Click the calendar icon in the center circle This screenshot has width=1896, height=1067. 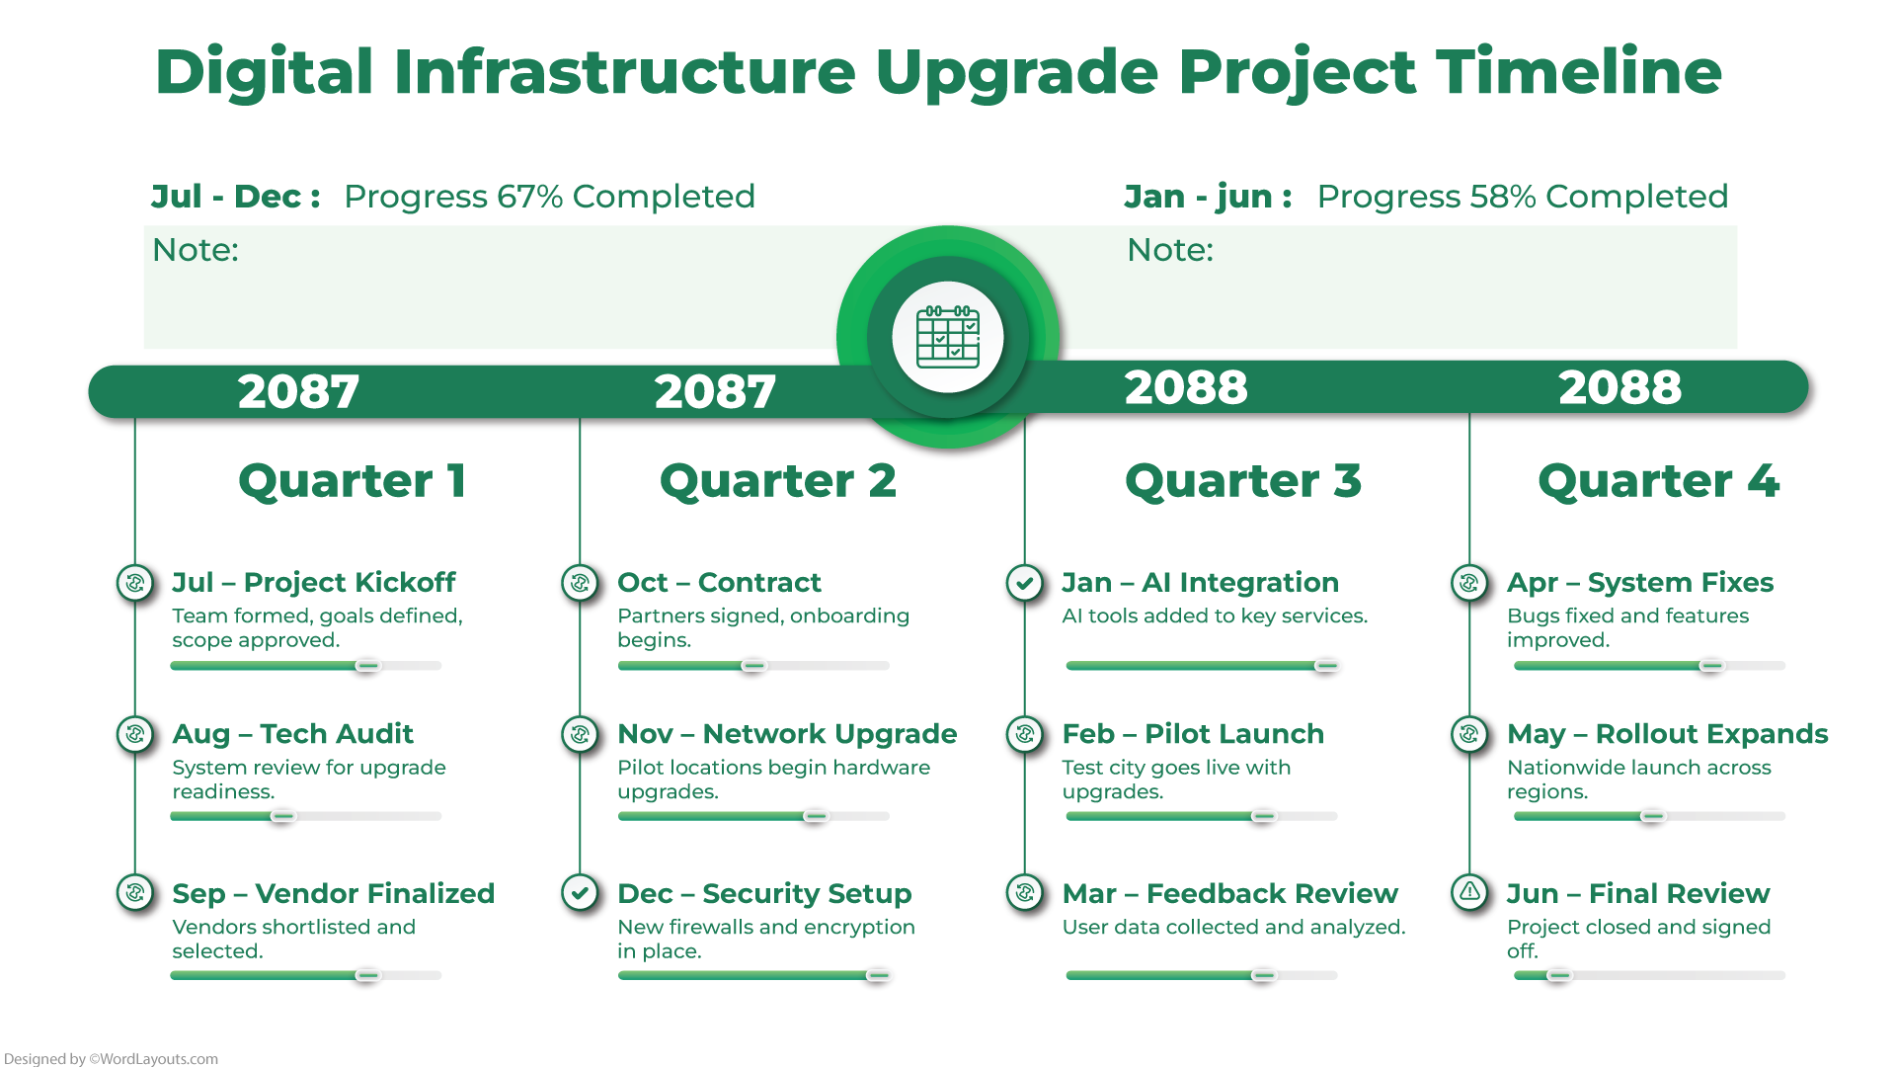(x=947, y=337)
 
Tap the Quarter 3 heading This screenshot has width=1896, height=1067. (x=1242, y=481)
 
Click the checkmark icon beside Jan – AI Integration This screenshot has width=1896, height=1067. (x=1024, y=583)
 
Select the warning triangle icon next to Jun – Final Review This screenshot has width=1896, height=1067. (x=1469, y=892)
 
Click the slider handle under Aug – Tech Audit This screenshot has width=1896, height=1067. (x=282, y=816)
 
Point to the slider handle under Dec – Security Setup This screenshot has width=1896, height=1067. (x=877, y=975)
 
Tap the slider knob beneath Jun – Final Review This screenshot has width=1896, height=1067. (x=1558, y=975)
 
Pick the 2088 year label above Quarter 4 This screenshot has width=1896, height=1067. (x=1619, y=387)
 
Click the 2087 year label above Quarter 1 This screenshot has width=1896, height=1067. (x=298, y=391)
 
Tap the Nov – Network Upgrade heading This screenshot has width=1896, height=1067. (x=786, y=734)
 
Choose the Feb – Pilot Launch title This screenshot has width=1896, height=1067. (x=1192, y=734)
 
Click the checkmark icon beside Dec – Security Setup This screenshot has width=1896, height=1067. (x=580, y=892)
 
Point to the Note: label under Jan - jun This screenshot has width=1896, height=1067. (x=1169, y=250)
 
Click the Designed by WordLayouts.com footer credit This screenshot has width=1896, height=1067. (x=111, y=1058)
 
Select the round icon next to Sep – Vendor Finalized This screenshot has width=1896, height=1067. (x=135, y=892)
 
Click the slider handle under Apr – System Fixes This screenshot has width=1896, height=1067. (x=1710, y=666)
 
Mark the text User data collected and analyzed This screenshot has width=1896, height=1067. (x=1232, y=927)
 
